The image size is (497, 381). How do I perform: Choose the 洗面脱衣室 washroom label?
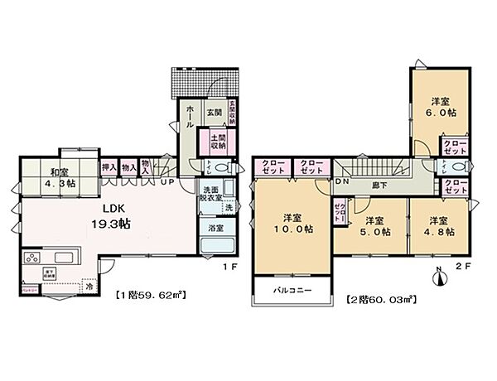211,194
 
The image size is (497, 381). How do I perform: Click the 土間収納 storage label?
218,141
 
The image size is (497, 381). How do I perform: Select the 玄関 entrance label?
213,112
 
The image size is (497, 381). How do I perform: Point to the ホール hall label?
190,116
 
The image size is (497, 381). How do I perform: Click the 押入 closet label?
109,166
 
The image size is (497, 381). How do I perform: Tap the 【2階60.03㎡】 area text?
378,297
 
